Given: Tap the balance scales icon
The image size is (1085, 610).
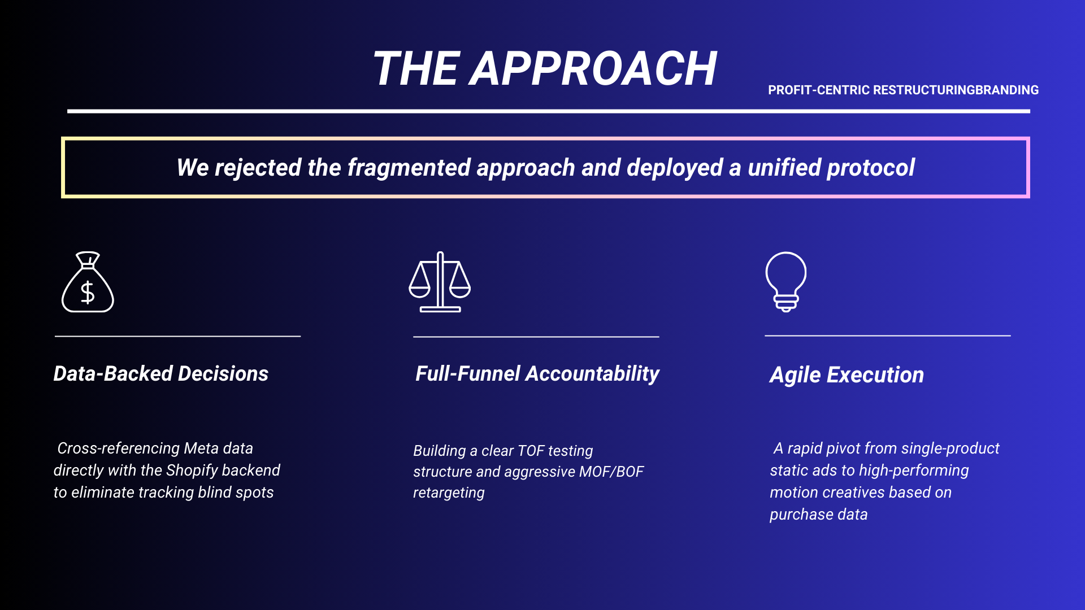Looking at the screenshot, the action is tap(440, 282).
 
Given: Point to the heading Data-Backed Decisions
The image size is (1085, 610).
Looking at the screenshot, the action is tap(161, 374).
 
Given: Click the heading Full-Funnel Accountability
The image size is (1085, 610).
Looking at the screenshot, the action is tap(537, 374).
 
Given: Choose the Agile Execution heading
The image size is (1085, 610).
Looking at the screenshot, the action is tap(847, 376).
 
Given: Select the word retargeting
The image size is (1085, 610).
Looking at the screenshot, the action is tap(449, 493).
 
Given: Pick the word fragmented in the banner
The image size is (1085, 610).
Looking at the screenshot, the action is tap(408, 168).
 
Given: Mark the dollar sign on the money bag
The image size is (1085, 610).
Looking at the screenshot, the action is tap(88, 293).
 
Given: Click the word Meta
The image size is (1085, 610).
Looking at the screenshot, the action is tap(201, 448).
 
